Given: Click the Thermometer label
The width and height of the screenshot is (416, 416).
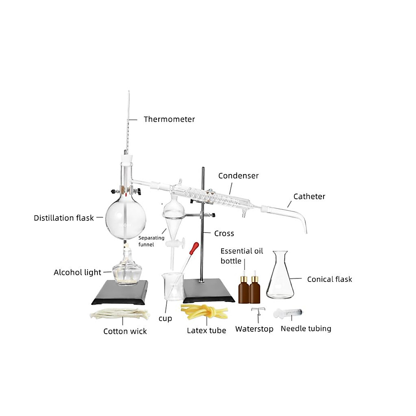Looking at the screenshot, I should click(x=169, y=119).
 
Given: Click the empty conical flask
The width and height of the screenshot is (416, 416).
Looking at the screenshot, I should click(x=280, y=277).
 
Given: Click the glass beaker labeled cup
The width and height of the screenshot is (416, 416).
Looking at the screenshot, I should click(x=172, y=286).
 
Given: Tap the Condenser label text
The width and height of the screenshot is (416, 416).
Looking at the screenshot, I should click(x=238, y=176).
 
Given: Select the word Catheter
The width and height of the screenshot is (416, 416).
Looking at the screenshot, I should click(x=309, y=197).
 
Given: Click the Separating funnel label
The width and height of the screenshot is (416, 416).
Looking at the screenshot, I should click(x=151, y=241).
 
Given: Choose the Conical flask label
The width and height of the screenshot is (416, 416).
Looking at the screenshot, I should click(x=329, y=279).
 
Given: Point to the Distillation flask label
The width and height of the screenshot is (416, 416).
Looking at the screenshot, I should click(x=64, y=218).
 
